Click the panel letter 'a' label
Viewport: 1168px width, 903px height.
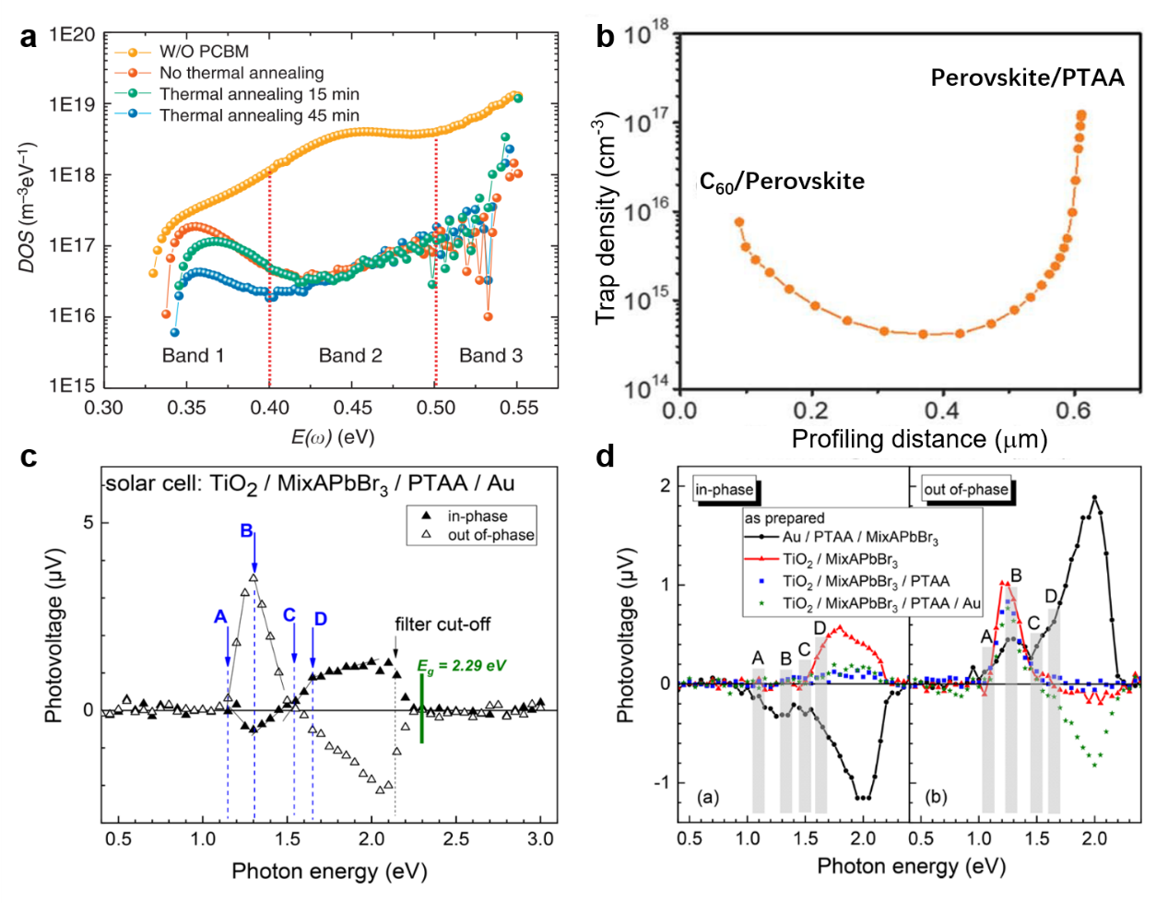pos(29,38)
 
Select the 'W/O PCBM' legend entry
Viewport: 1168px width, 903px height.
pos(204,53)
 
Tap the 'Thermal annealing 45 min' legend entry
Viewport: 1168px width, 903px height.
pos(259,115)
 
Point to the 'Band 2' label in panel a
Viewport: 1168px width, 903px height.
pos(350,356)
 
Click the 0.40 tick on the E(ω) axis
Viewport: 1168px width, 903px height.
pos(270,408)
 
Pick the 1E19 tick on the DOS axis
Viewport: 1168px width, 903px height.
pos(73,105)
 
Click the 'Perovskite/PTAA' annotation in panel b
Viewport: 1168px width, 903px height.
pos(1027,77)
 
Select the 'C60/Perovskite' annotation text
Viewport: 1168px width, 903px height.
pos(782,182)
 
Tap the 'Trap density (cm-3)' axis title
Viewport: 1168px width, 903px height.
pos(606,218)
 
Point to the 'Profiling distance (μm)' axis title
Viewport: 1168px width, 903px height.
pos(919,439)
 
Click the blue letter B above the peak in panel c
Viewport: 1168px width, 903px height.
pos(247,531)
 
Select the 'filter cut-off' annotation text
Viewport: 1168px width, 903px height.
pos(442,624)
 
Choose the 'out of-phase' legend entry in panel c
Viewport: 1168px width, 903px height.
pos(490,535)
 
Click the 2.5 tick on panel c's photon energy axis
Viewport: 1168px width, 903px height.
pos(456,839)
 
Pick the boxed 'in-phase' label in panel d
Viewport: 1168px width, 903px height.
pos(725,490)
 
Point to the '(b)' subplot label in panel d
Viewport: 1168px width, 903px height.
pos(938,796)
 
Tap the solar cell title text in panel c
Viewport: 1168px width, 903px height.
pos(310,483)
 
